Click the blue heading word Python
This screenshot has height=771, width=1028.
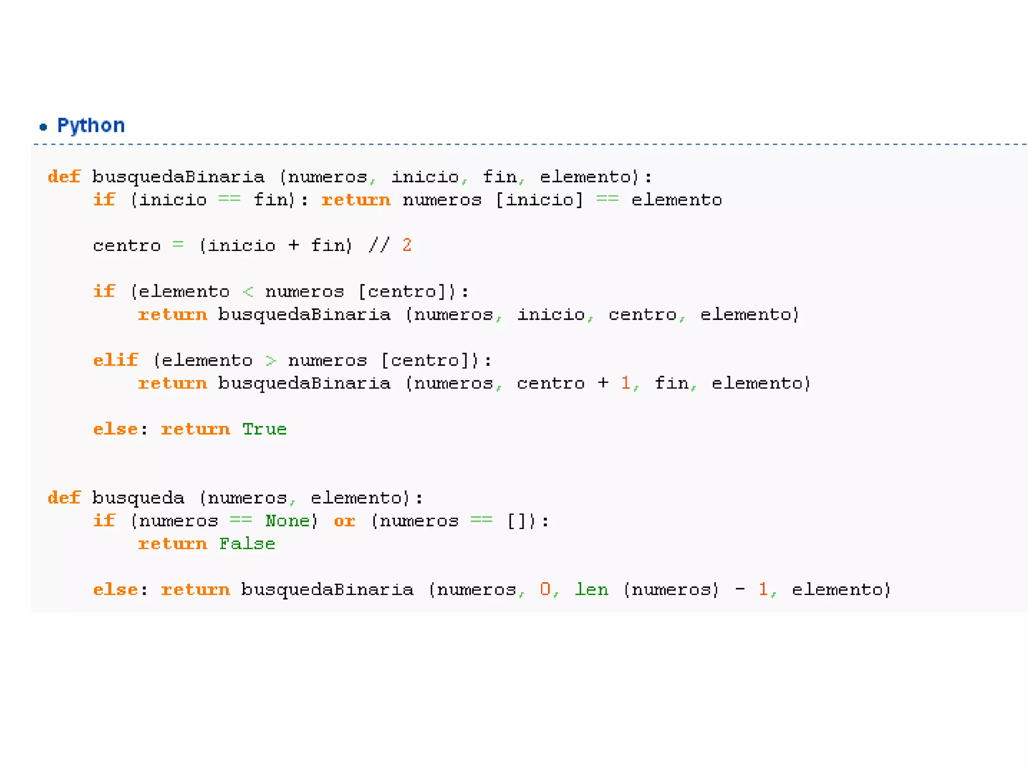click(x=91, y=125)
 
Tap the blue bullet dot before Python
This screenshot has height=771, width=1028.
click(x=44, y=127)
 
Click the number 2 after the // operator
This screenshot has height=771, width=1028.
click(x=407, y=245)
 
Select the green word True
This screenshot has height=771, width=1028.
click(x=264, y=429)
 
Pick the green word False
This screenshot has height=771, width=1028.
click(x=247, y=544)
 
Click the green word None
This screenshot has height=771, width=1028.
click(x=288, y=521)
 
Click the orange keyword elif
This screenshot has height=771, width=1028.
click(x=115, y=360)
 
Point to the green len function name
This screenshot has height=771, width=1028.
click(x=591, y=589)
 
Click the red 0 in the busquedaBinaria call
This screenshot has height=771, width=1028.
click(x=545, y=589)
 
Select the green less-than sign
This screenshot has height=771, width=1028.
click(x=248, y=292)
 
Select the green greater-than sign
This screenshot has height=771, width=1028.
click(x=271, y=360)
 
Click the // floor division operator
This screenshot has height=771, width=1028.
click(x=379, y=245)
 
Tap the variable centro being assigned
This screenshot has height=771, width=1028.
click(x=127, y=245)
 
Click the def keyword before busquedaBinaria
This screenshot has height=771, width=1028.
click(x=64, y=177)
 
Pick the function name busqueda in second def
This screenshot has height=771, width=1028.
click(x=139, y=498)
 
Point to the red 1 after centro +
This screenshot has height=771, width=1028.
click(x=625, y=383)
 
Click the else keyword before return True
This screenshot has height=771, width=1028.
click(x=115, y=429)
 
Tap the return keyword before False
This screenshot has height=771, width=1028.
click(x=173, y=544)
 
